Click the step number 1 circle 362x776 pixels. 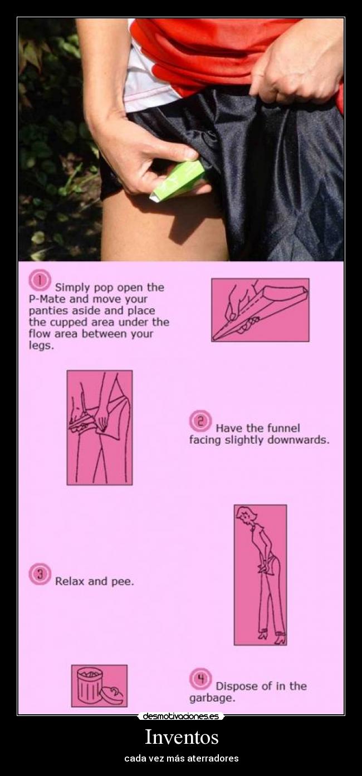pos(40,280)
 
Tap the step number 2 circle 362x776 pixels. pos(200,421)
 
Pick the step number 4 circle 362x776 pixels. pos(200,679)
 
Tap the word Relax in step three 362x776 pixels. pos(70,581)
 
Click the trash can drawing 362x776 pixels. pos(90,684)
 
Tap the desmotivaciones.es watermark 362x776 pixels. pos(181,717)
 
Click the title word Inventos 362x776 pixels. pos(182,737)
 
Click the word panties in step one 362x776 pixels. pos(48,311)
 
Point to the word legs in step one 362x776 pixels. pos(41,346)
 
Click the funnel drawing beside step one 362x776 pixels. pos(260,311)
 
